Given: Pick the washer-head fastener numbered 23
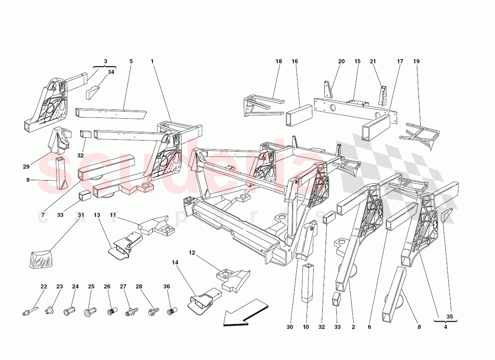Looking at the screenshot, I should [49, 310].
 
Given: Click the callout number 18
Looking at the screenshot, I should [279, 61].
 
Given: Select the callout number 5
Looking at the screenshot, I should [131, 61].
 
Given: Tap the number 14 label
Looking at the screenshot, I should [175, 261].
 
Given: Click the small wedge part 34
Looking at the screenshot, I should [93, 92].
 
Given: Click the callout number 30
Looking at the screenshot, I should [289, 327].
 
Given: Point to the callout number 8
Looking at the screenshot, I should [419, 327].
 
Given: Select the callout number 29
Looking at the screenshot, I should [26, 166].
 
